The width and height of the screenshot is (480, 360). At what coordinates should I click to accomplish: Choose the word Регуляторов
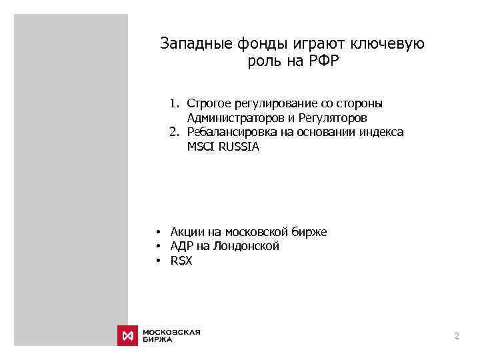pos(333,118)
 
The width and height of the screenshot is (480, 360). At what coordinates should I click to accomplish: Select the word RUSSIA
pos(237,147)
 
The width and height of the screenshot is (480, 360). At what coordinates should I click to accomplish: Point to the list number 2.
pos(173,132)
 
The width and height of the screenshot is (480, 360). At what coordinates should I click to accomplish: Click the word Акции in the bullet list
pos(187,232)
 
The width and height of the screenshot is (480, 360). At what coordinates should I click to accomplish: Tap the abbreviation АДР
pos(181,247)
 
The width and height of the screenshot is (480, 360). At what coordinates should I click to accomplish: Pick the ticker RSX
pos(181,261)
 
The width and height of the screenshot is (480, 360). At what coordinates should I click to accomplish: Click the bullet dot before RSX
pos(160,261)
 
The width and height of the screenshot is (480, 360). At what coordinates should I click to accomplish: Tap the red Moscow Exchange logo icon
pos(127,335)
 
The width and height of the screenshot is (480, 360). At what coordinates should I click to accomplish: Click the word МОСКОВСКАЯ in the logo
pos(171,331)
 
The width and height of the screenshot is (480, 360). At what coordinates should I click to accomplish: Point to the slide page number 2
pos(457,336)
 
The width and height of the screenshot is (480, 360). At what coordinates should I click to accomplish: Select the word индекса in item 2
pos(383,132)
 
